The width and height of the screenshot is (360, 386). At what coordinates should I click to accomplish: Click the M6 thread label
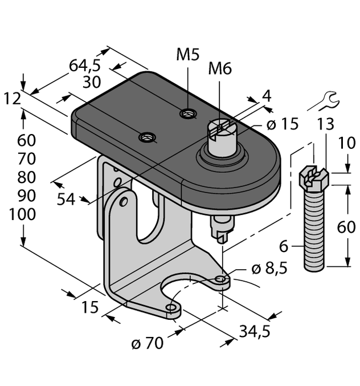[x=220, y=69]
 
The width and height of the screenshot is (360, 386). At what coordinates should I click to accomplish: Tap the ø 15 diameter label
[x=281, y=124]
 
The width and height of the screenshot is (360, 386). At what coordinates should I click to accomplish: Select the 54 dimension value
[x=67, y=199]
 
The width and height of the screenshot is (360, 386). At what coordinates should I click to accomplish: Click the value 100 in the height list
[x=23, y=214]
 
